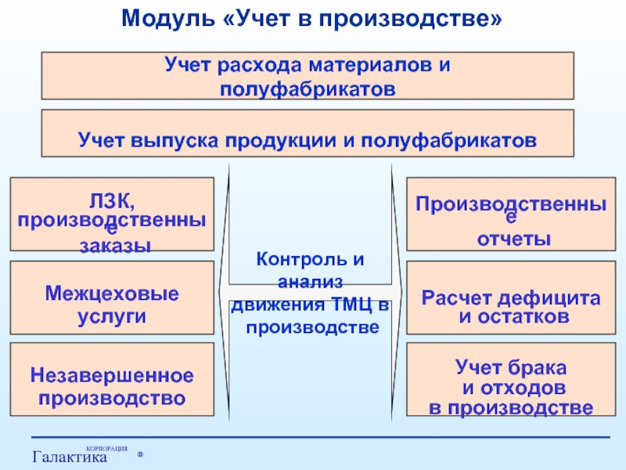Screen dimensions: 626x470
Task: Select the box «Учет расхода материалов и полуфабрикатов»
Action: pos(307,76)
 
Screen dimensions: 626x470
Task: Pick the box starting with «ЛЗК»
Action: pos(112,214)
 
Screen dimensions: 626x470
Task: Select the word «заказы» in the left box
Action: pos(115,245)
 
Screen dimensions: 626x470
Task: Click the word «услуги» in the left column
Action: pos(112,316)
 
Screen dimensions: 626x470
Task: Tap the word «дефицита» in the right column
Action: pos(554,298)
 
